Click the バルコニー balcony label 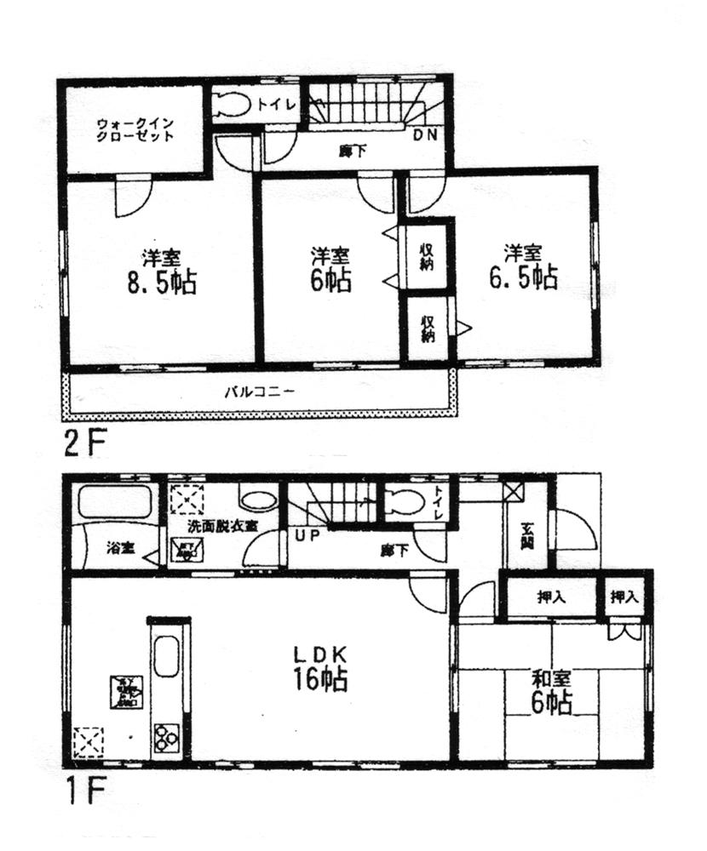[x=260, y=393]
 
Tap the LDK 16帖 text [x=322, y=668]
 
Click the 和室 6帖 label [x=551, y=691]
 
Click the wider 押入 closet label [x=551, y=597]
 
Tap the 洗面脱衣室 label [x=223, y=525]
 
